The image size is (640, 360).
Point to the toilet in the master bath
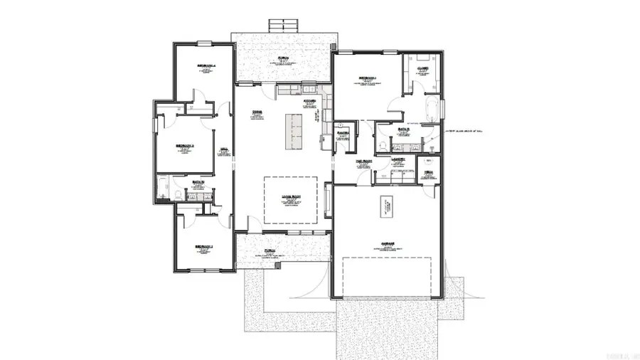(382, 144)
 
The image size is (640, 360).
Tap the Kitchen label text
(309, 100)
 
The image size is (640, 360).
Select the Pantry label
(342, 132)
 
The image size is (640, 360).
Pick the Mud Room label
(364, 162)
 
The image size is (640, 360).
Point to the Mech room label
(429, 171)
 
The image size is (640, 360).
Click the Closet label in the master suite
(422, 69)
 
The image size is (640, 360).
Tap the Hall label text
(224, 149)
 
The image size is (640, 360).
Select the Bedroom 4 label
(206, 66)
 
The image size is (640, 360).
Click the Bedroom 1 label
(367, 78)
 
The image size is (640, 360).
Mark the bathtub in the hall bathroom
(163, 187)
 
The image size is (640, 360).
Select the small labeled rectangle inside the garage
(388, 197)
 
